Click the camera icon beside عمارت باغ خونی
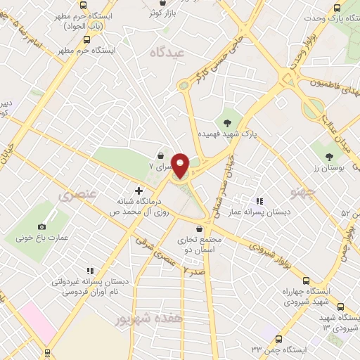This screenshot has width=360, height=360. tap(42, 226)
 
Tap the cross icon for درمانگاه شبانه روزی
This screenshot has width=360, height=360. tap(139, 190)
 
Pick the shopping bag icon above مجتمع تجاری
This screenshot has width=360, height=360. tap(199, 229)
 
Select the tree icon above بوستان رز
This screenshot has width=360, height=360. tap(330, 155)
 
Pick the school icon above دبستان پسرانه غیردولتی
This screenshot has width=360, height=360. tap(89, 270)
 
